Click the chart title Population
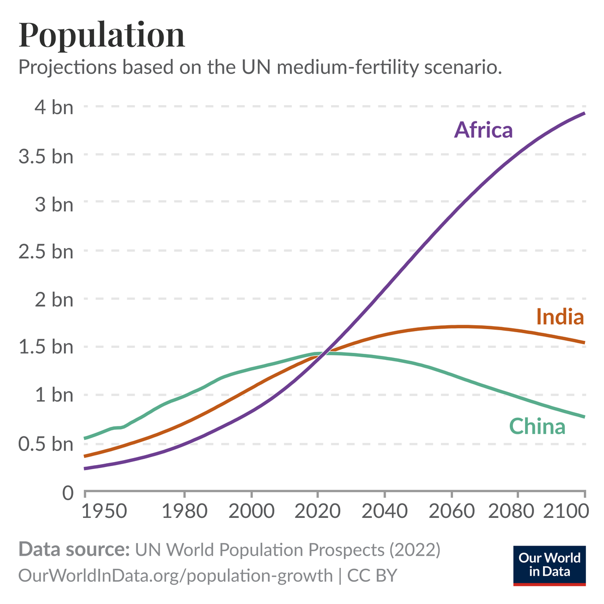102,35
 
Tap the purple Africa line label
483,130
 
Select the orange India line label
560,317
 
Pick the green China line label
537,426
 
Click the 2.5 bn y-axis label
46,251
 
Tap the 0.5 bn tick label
46,444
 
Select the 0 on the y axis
67,492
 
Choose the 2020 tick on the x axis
318,511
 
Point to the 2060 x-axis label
451,511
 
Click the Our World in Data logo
549,565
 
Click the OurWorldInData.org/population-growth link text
175,575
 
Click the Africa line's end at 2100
584,113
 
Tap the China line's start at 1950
85,438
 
